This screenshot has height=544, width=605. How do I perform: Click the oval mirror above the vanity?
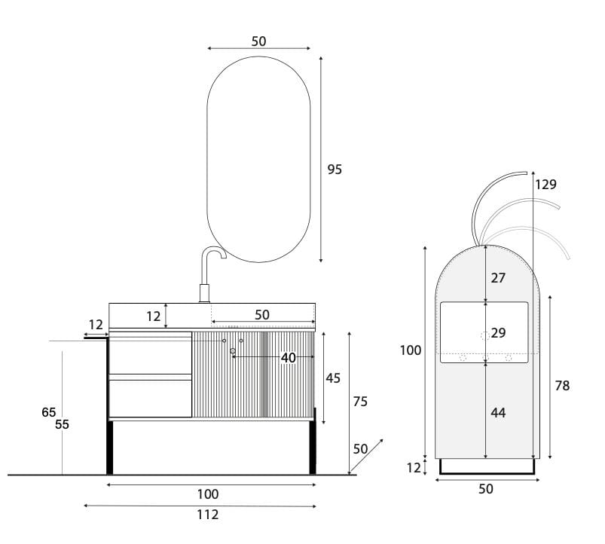[258, 158]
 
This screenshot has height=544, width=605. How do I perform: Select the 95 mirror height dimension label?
[335, 170]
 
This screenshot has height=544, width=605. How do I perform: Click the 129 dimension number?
[546, 184]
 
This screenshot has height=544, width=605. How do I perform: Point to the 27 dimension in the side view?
[498, 277]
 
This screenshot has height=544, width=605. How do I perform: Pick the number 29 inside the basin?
[498, 332]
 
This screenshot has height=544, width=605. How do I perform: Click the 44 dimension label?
[498, 412]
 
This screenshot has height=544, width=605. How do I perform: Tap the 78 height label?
[562, 386]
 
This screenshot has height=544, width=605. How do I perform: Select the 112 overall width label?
[207, 515]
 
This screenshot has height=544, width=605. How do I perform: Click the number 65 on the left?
[49, 412]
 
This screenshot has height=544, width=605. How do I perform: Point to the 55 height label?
[63, 424]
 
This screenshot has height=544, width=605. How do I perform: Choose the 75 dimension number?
[360, 402]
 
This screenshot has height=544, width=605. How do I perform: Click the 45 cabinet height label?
[333, 378]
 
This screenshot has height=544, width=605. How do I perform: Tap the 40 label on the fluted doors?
[288, 358]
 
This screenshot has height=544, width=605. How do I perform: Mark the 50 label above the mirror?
[258, 41]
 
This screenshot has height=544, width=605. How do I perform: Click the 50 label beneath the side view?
[486, 489]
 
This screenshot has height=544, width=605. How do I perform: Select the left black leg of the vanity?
[110, 448]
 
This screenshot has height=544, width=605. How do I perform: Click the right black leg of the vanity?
[313, 448]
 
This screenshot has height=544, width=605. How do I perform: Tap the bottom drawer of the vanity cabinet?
[151, 398]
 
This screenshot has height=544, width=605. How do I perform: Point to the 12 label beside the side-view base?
[414, 467]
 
